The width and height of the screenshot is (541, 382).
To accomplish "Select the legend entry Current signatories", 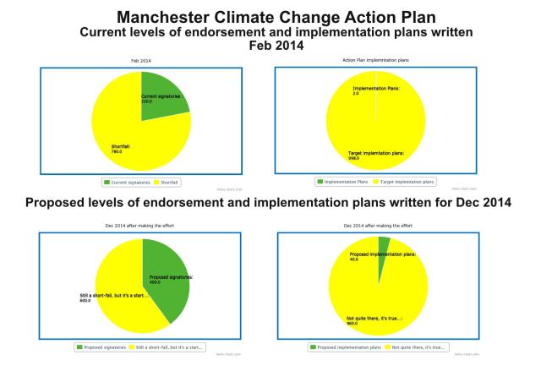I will coord(126,181).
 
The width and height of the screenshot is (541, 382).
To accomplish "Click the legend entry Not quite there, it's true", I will coord(414,347).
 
